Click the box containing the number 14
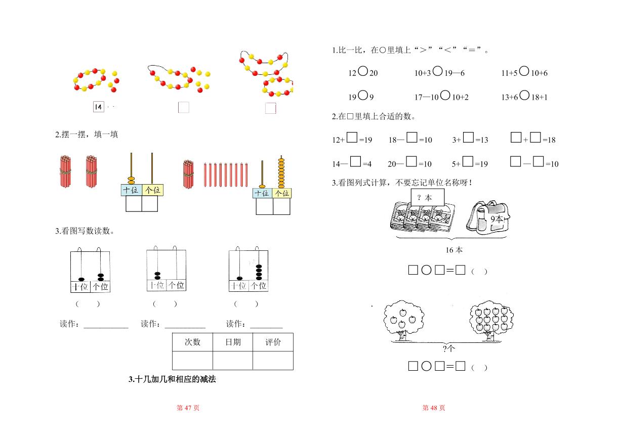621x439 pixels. coord(98,107)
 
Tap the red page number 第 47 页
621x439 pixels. coord(188,408)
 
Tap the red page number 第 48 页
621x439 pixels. coord(434,408)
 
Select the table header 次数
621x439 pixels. coord(192,342)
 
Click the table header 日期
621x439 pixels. coord(233,342)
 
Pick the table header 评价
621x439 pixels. coord(273,342)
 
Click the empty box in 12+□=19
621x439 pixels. coord(352,137)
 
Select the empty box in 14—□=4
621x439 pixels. coord(355,161)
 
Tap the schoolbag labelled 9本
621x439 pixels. coord(488,217)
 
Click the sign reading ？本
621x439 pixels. coord(427,197)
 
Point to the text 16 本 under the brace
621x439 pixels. coord(454,250)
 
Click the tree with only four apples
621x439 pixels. coord(403,320)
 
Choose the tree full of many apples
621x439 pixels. coord(491,320)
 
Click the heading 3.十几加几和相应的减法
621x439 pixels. coord(172,379)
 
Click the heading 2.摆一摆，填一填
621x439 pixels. coord(87,135)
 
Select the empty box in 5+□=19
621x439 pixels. coord(468,161)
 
